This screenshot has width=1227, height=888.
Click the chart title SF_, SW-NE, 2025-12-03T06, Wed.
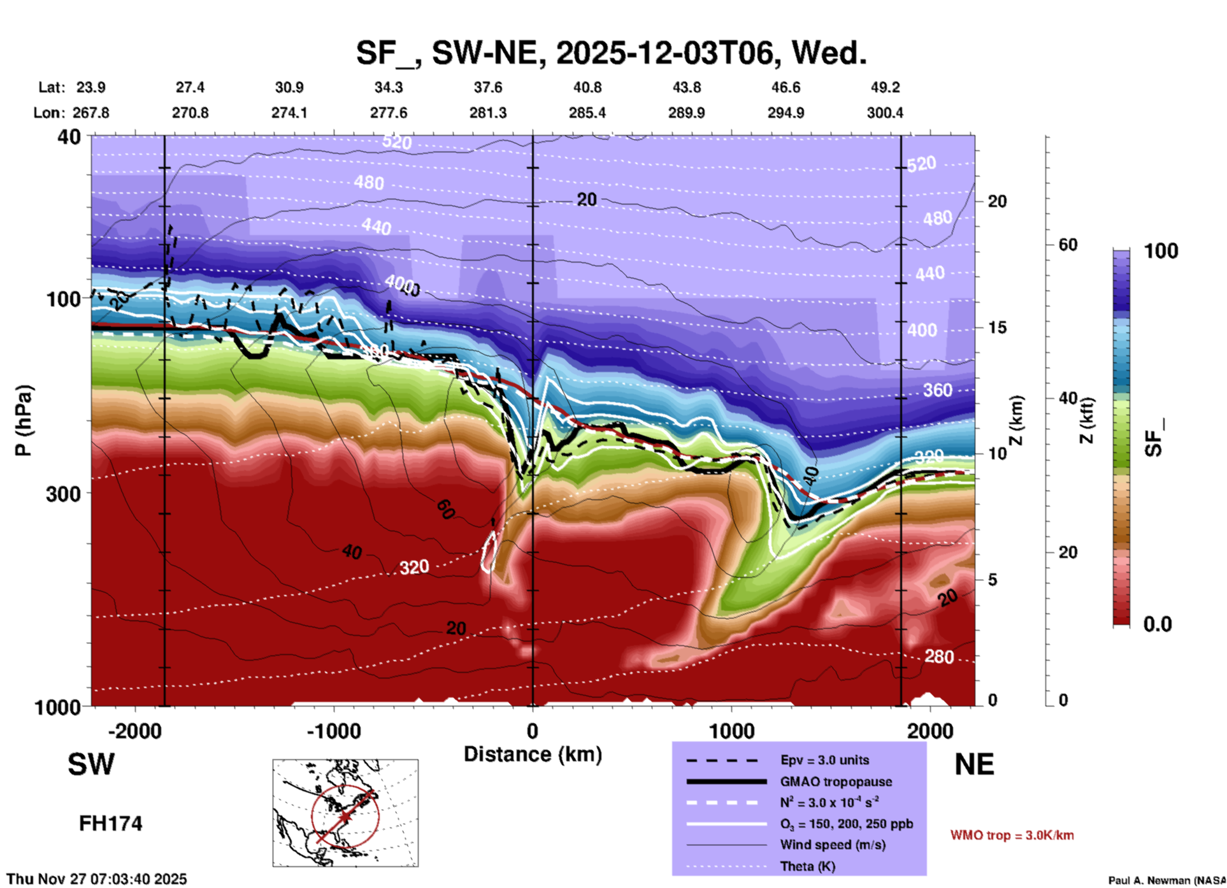(611, 54)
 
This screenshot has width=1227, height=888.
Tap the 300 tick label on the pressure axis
(63, 494)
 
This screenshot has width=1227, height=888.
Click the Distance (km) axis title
(533, 754)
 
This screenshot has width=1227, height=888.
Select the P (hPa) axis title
(24, 420)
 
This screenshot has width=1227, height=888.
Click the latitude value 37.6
(488, 87)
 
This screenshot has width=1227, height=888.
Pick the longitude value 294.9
(786, 113)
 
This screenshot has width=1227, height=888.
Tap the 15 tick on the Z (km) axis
(997, 327)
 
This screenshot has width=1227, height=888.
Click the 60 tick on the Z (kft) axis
(1068, 245)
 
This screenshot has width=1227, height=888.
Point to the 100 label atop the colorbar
(1161, 251)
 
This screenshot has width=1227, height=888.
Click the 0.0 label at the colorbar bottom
(1158, 624)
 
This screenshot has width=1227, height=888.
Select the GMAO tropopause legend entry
(836, 782)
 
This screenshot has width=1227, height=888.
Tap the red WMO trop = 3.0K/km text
(1012, 835)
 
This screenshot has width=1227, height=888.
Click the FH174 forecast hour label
(110, 824)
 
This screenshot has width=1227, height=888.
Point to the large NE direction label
(974, 764)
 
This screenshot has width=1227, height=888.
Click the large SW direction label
(91, 764)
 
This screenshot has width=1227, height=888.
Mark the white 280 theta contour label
(939, 657)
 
